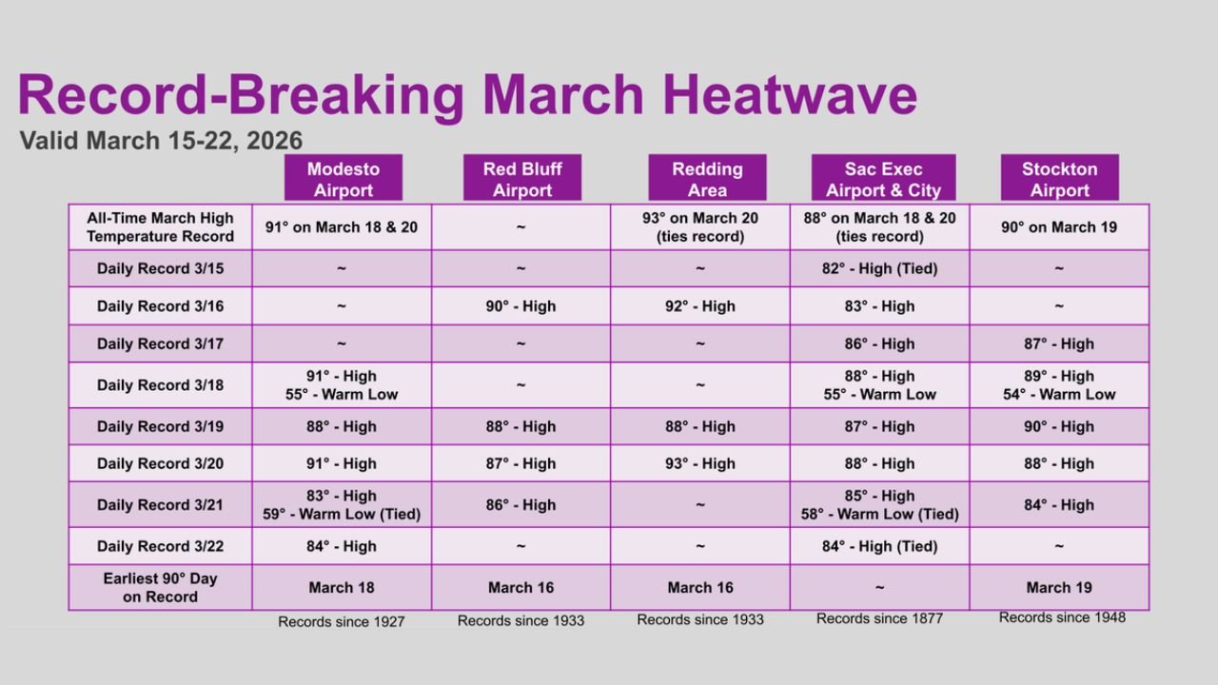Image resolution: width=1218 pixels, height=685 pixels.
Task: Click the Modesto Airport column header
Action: [343, 179]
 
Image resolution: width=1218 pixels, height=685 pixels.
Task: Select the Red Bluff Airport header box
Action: [521, 179]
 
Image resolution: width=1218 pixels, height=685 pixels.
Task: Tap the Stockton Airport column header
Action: [1059, 179]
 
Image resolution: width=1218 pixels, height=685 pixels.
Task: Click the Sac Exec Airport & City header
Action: [883, 179]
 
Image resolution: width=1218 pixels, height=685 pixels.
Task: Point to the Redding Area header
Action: [707, 179]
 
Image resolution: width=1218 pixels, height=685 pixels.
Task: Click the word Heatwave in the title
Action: [790, 95]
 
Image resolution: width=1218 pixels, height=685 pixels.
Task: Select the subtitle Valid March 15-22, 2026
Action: [161, 141]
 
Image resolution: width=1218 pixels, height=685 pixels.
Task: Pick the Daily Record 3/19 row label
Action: [160, 426]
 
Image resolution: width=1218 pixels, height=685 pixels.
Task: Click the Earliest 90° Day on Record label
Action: [160, 587]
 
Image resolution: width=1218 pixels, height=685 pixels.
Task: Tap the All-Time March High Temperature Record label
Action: [160, 226]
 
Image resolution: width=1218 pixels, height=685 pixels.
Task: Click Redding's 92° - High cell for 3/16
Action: [700, 306]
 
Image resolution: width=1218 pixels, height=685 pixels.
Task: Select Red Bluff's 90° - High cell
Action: [521, 306]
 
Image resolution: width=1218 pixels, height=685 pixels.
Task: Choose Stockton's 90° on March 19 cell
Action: [1059, 226]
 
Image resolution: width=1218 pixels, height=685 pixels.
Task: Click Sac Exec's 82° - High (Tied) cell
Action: [879, 268]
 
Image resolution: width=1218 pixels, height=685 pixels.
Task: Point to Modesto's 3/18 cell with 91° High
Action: [342, 384]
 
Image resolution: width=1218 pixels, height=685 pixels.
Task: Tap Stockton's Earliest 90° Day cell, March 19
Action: [1059, 587]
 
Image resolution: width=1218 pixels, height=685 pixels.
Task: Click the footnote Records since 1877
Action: [879, 619]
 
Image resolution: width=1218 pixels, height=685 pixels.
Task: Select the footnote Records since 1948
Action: [1062, 617]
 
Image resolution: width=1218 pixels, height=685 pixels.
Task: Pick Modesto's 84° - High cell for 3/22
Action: [342, 546]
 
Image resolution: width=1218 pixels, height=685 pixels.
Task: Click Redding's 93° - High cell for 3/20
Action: [700, 463]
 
